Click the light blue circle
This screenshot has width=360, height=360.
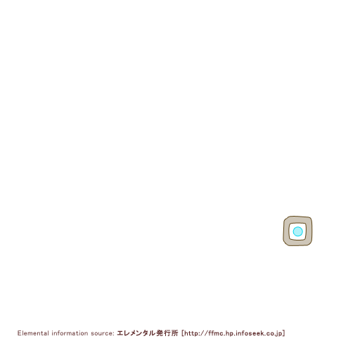click(x=297, y=231)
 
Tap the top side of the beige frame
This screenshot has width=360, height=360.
click(x=297, y=220)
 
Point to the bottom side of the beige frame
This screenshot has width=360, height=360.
click(x=297, y=243)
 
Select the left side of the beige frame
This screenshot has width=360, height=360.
click(x=286, y=231)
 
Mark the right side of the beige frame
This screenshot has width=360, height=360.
click(x=309, y=231)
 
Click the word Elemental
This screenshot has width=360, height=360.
click(x=33, y=333)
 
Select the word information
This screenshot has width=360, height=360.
click(x=70, y=333)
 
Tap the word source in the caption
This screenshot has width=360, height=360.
click(x=102, y=333)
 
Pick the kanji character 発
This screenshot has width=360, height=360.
click(x=160, y=333)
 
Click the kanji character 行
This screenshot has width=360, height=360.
click(x=167, y=333)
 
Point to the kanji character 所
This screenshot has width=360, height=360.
click(x=174, y=333)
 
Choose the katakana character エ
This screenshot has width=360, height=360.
click(x=120, y=333)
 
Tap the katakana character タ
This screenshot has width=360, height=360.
click(x=146, y=333)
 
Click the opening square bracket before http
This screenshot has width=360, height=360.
click(x=183, y=333)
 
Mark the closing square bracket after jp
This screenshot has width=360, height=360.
click(x=283, y=333)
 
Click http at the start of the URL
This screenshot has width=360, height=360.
click(x=191, y=333)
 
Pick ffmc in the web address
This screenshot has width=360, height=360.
click(x=216, y=333)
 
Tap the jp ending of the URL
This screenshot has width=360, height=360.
click(x=280, y=333)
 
